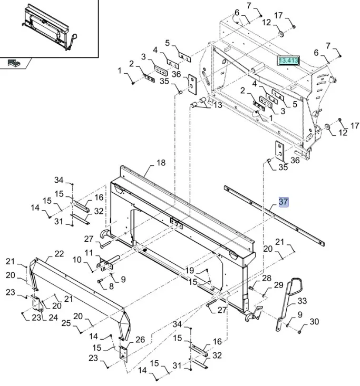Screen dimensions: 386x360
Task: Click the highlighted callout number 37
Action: click(284, 202)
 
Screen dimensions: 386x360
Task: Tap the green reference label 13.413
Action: click(288, 61)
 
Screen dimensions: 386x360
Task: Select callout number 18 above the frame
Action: click(161, 163)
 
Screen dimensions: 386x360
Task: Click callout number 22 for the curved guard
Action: click(59, 254)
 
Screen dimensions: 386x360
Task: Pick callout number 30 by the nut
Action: click(314, 322)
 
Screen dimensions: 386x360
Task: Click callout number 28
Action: click(266, 278)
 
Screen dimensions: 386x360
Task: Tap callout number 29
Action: click(278, 285)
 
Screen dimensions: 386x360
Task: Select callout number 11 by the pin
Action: click(89, 253)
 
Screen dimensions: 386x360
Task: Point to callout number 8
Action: click(111, 286)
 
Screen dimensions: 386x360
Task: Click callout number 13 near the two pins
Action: click(217, 106)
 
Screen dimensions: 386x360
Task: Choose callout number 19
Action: click(190, 271)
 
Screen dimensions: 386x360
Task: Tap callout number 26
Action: click(140, 340)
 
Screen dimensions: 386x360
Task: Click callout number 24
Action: click(53, 318)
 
